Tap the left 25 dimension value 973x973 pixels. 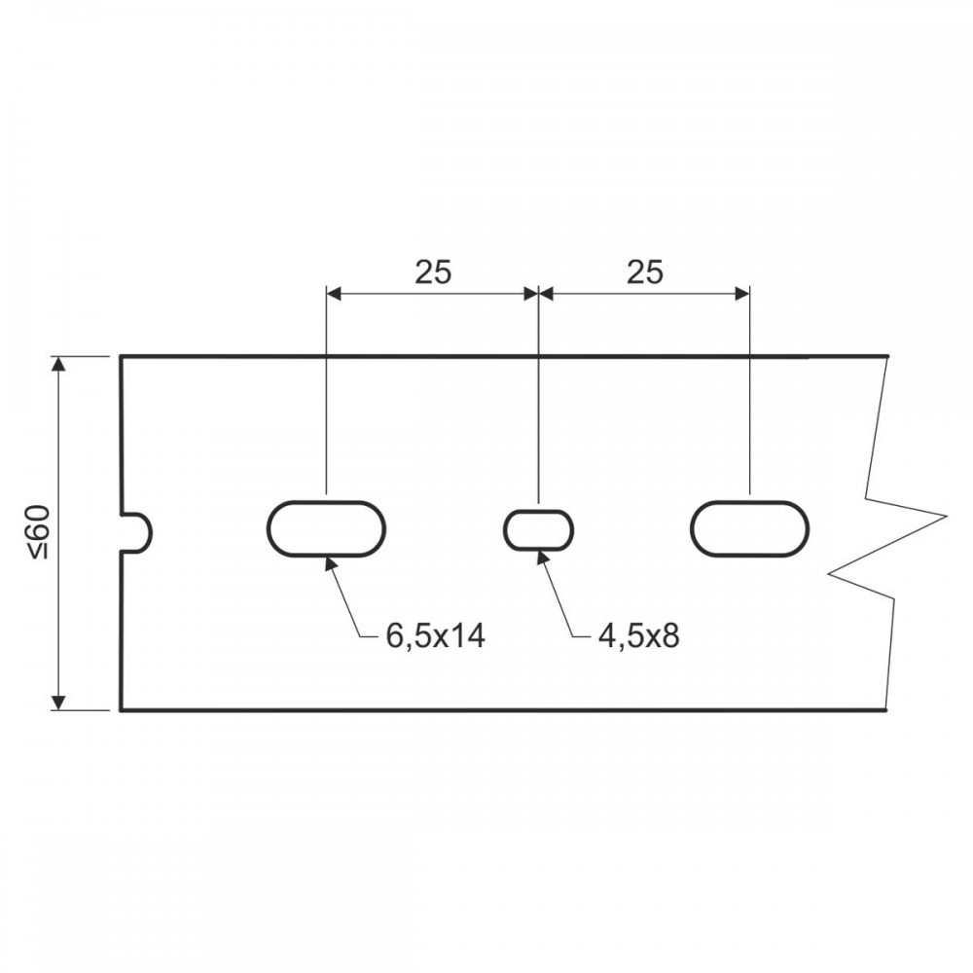click(433, 271)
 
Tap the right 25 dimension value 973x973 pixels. click(645, 271)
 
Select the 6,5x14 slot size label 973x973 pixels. click(436, 636)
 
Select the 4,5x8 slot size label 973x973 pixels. click(639, 636)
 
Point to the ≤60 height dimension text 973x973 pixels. click(39, 532)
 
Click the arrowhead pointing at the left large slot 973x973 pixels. click(332, 563)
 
